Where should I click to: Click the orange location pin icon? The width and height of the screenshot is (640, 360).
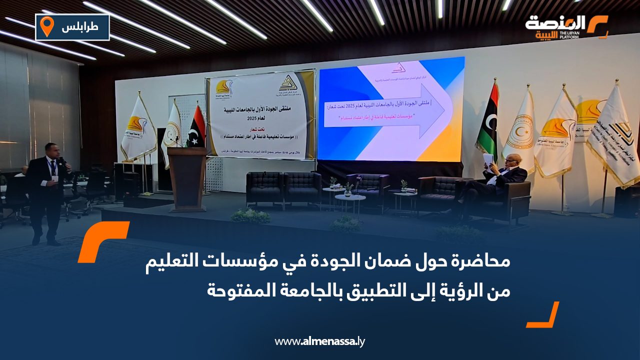pyautogui.click(x=47, y=26)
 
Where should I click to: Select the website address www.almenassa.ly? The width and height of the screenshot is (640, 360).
pyautogui.click(x=320, y=342)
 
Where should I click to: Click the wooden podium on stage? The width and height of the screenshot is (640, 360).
pyautogui.click(x=187, y=177)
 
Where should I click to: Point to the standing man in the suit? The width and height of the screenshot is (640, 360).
pyautogui.click(x=47, y=192)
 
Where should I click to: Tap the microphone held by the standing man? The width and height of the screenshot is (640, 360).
pyautogui.click(x=62, y=162)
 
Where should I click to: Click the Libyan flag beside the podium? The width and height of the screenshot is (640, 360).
pyautogui.click(x=196, y=128)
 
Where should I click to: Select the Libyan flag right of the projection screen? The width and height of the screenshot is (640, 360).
pyautogui.click(x=486, y=120)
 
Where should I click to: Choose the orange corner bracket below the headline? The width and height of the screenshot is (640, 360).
pyautogui.click(x=543, y=315)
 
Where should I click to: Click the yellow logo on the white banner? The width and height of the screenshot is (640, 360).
pyautogui.click(x=223, y=89)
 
